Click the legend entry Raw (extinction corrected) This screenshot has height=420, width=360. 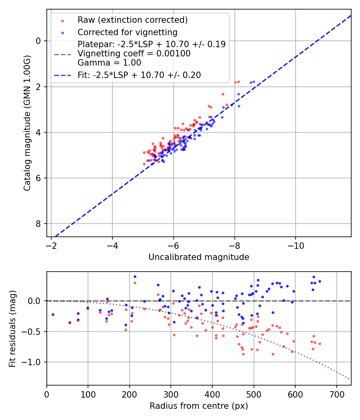pyautogui.click(x=132, y=20)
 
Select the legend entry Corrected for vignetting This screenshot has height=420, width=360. pyautogui.click(x=127, y=32)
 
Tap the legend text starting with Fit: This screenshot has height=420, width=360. pyautogui.click(x=139, y=75)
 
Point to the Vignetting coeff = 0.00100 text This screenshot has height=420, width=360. pyautogui.click(x=134, y=54)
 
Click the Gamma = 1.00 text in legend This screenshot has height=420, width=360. pyautogui.click(x=109, y=62)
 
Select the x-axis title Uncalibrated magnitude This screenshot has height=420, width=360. pyautogui.click(x=199, y=257)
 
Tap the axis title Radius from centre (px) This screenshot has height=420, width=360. pyautogui.click(x=199, y=406)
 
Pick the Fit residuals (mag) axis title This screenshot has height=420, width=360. pyautogui.click(x=12, y=328)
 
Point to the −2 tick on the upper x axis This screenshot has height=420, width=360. pyautogui.click(x=51, y=245)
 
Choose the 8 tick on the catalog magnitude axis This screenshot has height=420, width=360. pyautogui.click(x=38, y=224)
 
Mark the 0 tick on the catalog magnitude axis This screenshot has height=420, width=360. pyautogui.click(x=38, y=41)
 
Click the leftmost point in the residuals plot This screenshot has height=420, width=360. pyautogui.click(x=53, y=314)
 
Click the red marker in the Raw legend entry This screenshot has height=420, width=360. pyautogui.click(x=62, y=20)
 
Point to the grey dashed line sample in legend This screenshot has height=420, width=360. pyautogui.click(x=62, y=54)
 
